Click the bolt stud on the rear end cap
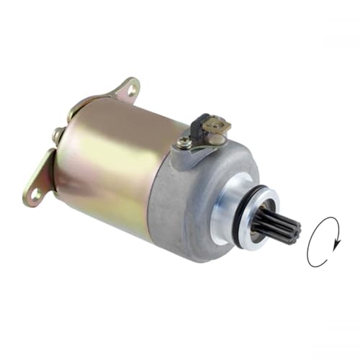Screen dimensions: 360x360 (56, 134)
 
